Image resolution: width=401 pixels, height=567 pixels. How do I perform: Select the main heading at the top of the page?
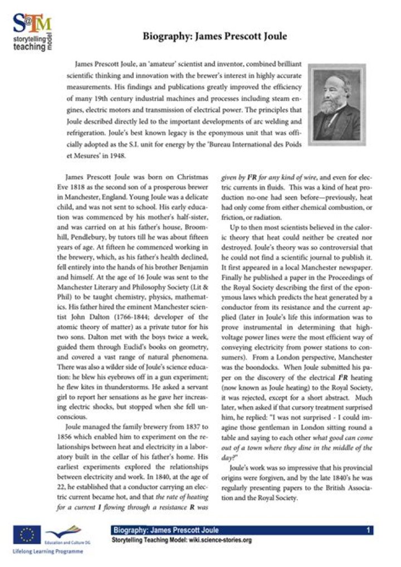pyautogui.click(x=215, y=37)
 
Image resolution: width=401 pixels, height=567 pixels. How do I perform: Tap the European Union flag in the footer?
pyautogui.click(x=26, y=536)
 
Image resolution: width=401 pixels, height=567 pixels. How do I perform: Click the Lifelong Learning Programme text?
pyautogui.click(x=47, y=552)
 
